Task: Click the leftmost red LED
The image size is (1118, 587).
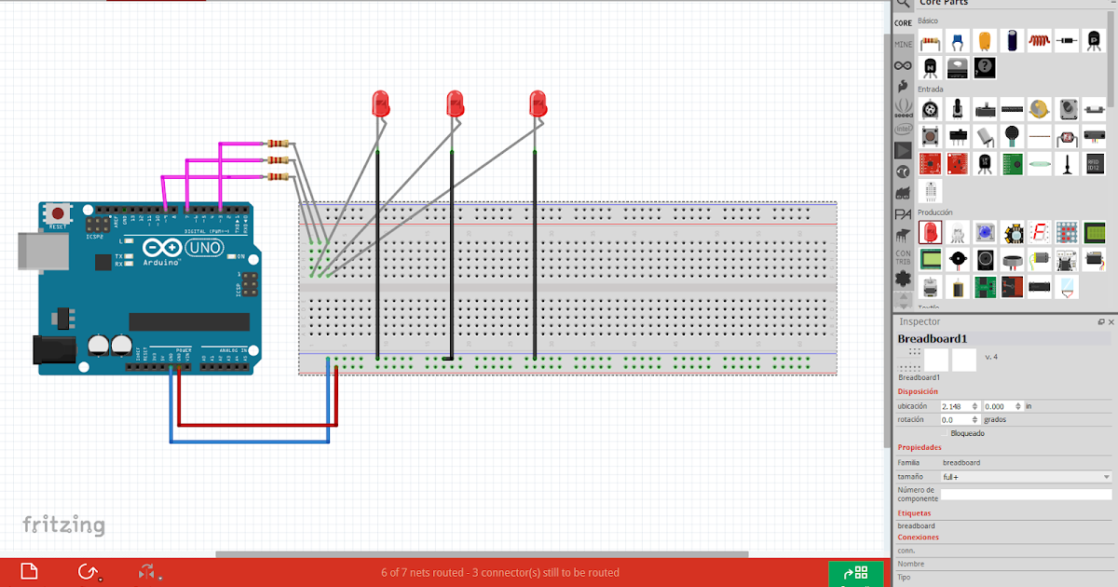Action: tap(380, 103)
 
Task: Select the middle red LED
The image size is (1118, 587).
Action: tap(455, 102)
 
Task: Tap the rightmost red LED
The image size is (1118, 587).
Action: tap(537, 102)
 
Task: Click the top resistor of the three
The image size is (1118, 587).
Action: tap(278, 143)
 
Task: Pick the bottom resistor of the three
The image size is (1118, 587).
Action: tap(278, 175)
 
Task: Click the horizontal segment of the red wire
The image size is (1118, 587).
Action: tap(257, 424)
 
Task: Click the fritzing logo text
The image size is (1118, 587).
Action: tap(63, 525)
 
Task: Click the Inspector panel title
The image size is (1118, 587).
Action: tap(920, 321)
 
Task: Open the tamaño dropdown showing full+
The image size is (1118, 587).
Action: tap(1026, 477)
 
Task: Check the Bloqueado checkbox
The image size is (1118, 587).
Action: tap(945, 433)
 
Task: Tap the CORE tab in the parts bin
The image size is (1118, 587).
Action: tap(903, 23)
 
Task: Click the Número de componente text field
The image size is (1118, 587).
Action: tap(1026, 495)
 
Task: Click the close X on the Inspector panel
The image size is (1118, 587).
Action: tap(1111, 321)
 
